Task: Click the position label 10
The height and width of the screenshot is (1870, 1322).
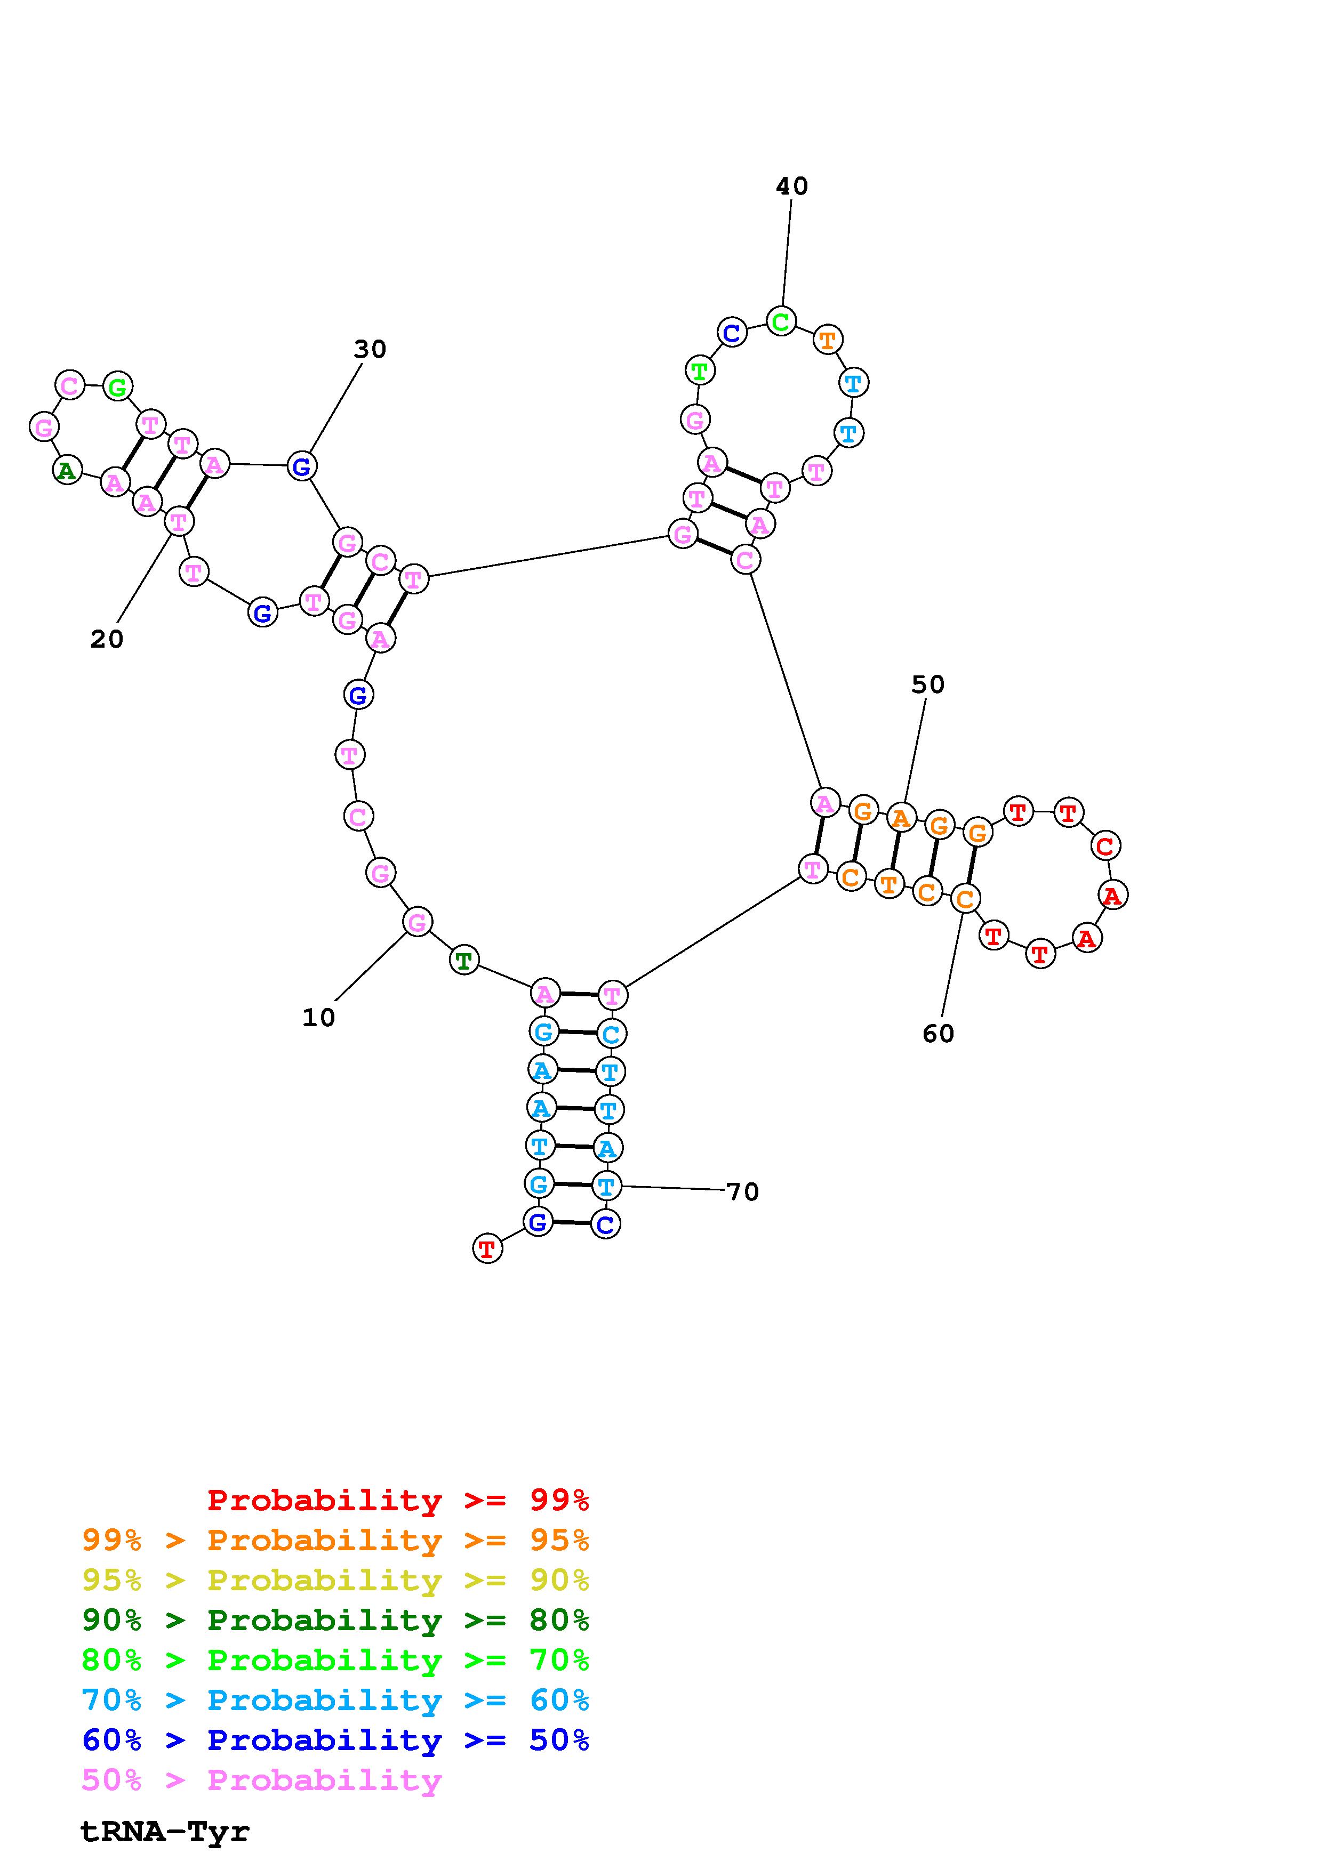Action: click(318, 1017)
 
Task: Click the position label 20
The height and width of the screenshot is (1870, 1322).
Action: click(107, 639)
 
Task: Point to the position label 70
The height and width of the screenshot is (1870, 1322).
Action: click(742, 1192)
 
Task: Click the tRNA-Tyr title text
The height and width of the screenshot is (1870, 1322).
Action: click(165, 1832)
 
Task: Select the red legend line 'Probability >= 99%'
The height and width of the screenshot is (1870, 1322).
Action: click(398, 1500)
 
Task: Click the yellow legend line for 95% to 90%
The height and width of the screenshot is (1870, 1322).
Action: click(335, 1580)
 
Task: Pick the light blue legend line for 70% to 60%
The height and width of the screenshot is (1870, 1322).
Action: click(335, 1700)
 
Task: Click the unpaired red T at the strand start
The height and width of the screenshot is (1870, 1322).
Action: click(487, 1248)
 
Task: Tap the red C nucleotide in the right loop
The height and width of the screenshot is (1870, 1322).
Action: click(1104, 846)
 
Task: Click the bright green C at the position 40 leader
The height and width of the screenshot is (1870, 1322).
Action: click(780, 322)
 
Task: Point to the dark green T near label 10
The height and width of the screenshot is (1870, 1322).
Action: click(463, 961)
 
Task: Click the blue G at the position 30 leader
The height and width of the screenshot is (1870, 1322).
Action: click(301, 466)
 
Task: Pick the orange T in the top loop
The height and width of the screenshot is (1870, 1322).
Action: click(828, 340)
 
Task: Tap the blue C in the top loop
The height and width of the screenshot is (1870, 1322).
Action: click(732, 332)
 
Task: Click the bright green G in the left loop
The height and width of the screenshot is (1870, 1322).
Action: click(118, 387)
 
